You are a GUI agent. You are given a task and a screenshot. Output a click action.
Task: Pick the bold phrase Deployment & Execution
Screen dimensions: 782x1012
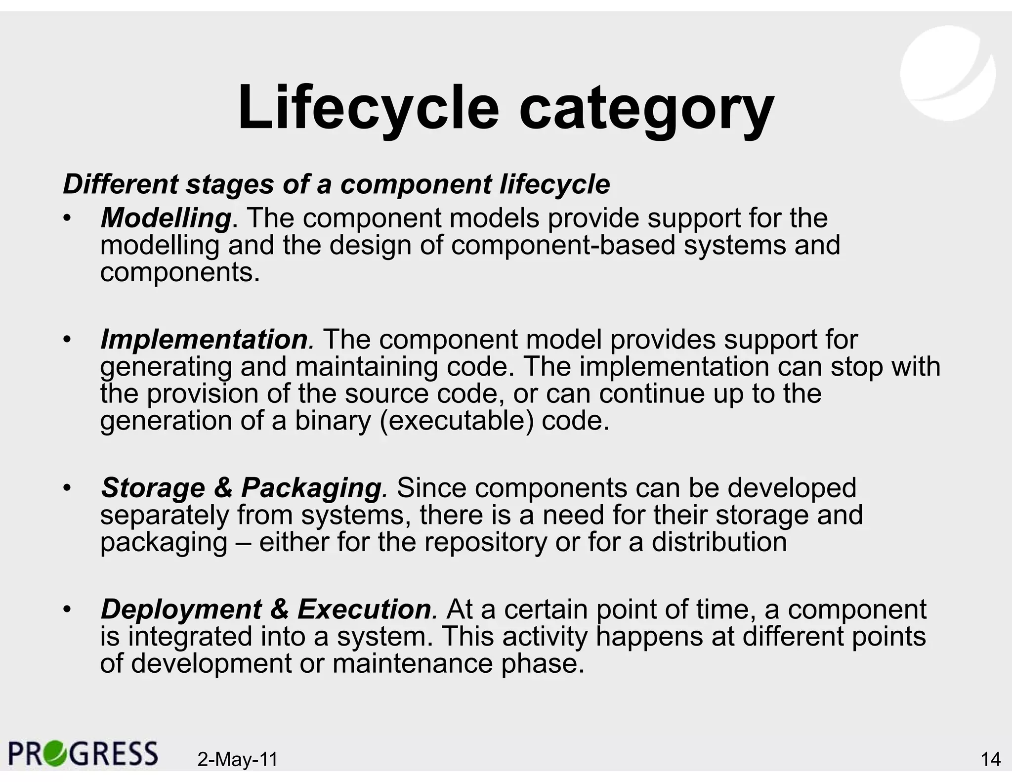pos(266,609)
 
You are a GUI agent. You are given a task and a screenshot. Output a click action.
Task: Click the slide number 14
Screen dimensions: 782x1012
pos(990,759)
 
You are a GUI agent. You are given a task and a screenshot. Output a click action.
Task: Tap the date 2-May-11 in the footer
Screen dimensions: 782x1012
pos(238,759)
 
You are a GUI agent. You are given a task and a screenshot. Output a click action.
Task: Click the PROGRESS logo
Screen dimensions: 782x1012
pos(83,753)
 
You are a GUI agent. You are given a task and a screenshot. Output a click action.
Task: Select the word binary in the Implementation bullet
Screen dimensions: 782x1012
pos(332,421)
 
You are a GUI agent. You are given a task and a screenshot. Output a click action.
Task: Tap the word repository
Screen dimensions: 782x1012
pos(486,542)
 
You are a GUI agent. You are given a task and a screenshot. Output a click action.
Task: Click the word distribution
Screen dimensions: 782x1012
pos(719,542)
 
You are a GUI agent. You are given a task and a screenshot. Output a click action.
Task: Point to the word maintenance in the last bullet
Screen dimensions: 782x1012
pos(413,663)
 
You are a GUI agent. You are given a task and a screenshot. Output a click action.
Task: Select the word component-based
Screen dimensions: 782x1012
pos(563,245)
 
